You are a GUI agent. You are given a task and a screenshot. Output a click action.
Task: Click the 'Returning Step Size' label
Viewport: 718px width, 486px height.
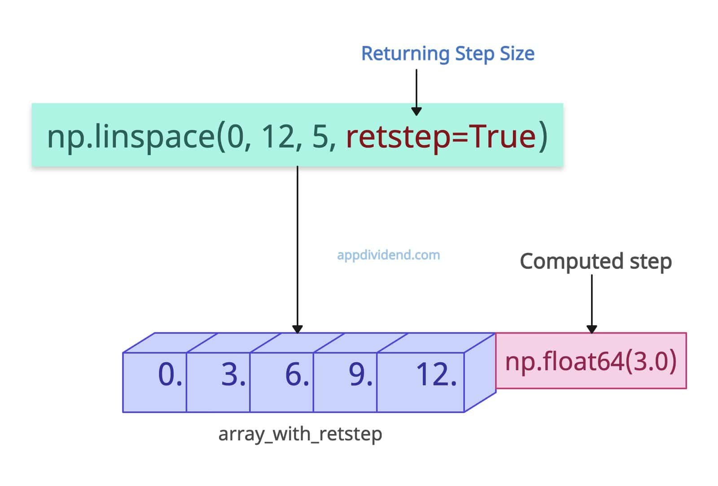[447, 54]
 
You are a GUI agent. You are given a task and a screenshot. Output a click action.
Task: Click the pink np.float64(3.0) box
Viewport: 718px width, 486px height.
[591, 361]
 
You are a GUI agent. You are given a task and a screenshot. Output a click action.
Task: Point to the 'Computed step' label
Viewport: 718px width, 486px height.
[595, 261]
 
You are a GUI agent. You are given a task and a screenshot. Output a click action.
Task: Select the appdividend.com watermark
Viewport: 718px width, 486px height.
[388, 255]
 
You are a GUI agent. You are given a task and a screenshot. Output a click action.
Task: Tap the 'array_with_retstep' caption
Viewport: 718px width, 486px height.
[300, 434]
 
